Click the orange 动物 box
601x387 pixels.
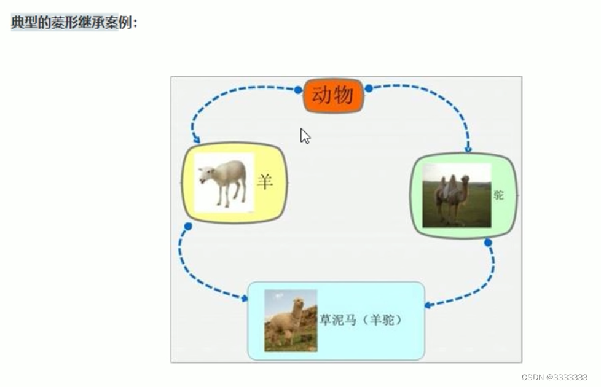[333, 95]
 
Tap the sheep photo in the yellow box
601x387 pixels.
[224, 183]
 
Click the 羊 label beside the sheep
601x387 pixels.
[265, 182]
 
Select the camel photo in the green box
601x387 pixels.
[457, 195]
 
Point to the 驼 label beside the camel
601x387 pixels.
[498, 195]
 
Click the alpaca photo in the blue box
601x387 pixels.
[291, 320]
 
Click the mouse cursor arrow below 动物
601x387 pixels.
[305, 136]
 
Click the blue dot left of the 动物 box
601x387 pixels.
[298, 90]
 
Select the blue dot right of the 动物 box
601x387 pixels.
[369, 88]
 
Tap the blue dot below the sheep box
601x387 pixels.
[188, 227]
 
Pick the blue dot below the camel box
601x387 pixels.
[488, 243]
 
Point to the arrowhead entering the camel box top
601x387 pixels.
[468, 149]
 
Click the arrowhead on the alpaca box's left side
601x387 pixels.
[244, 298]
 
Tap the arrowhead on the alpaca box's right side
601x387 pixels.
[428, 305]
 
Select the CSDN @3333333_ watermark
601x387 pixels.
[557, 377]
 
